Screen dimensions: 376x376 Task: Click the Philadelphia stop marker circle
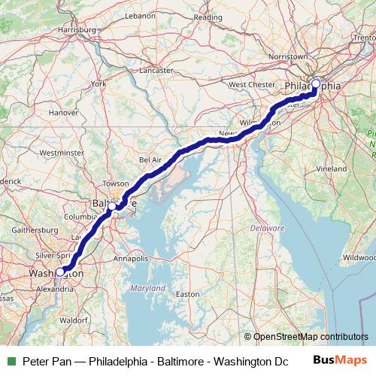316,84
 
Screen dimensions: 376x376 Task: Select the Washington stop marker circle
60,272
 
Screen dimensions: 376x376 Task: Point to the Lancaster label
155,71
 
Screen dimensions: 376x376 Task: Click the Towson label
117,183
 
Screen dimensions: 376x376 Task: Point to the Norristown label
290,56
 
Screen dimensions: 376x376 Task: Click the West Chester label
248,85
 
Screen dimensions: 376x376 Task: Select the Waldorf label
74,320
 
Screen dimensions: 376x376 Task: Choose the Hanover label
62,113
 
